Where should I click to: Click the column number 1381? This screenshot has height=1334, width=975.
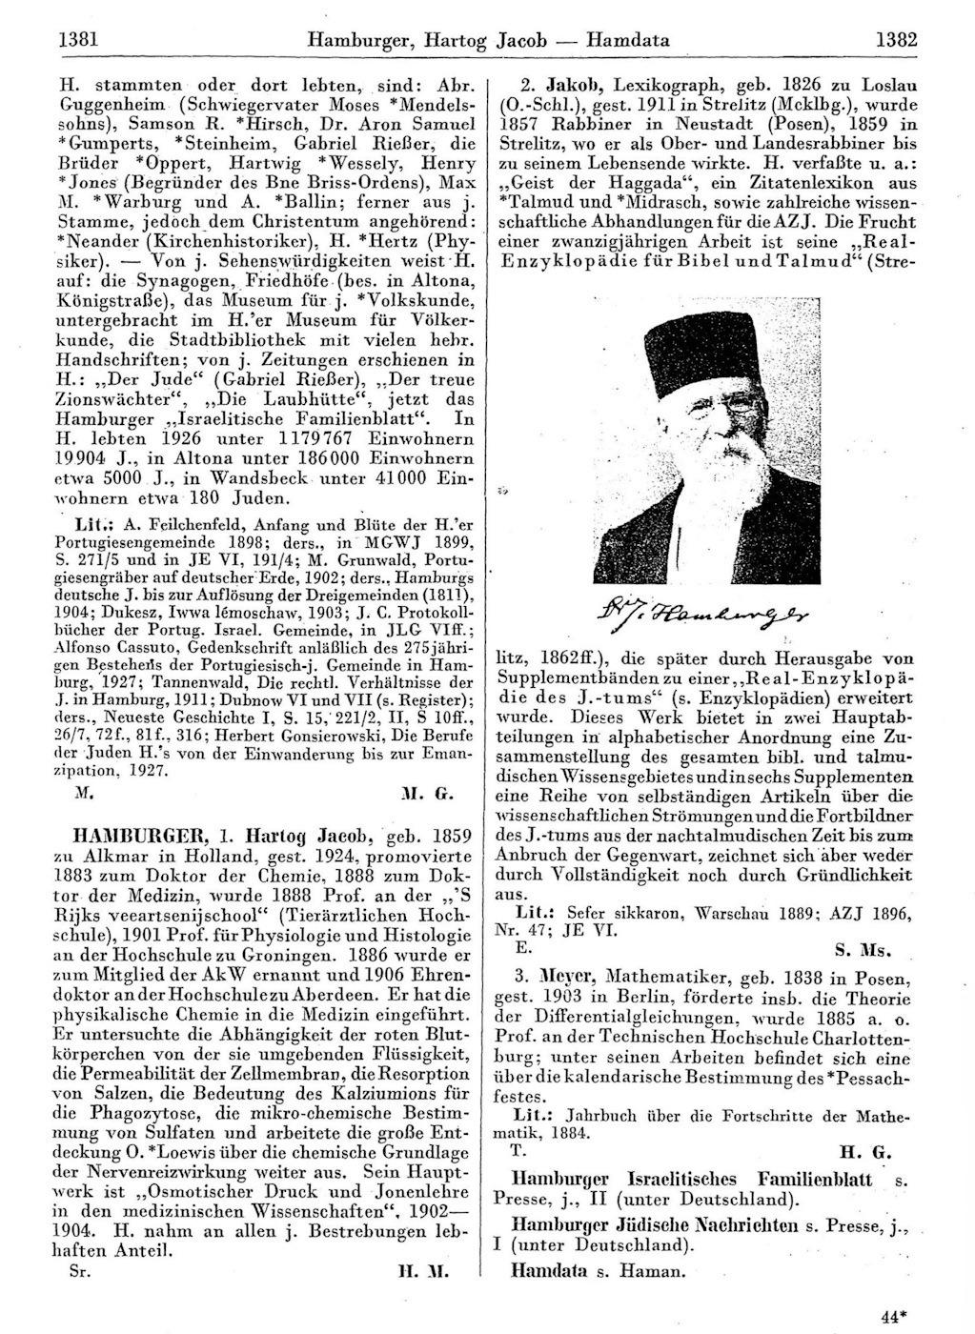pyautogui.click(x=80, y=40)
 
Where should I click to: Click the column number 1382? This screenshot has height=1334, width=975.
pyautogui.click(x=896, y=40)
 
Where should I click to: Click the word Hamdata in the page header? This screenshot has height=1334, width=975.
pyautogui.click(x=628, y=40)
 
